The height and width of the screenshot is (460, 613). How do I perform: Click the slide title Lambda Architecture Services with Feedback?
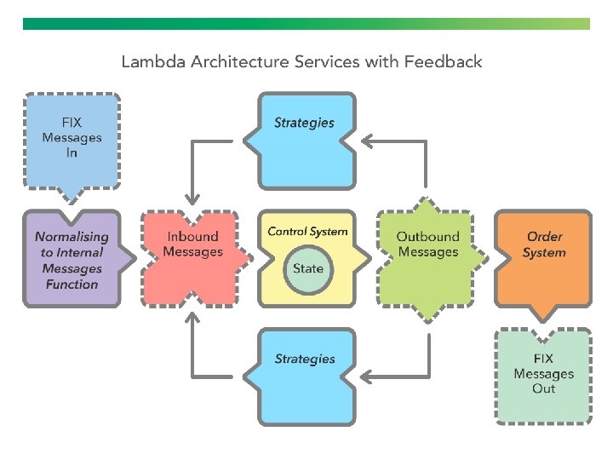coord(301,61)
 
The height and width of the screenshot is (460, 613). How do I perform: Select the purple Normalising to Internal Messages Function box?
coord(72,260)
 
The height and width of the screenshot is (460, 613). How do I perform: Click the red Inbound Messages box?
coord(192,256)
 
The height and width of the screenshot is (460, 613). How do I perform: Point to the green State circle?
coord(308,268)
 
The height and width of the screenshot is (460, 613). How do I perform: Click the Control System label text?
coord(307,232)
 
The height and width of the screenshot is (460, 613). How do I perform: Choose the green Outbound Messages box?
coord(428,256)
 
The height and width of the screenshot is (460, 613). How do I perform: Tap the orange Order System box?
coord(544,256)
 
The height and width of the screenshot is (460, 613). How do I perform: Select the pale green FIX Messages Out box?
coord(544,375)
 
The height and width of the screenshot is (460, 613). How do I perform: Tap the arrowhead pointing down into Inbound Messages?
coord(192,201)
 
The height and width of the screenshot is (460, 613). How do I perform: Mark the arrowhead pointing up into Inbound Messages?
coord(192,316)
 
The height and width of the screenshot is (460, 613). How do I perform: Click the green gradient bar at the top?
coord(306,24)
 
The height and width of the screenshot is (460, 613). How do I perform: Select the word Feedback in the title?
coord(444,61)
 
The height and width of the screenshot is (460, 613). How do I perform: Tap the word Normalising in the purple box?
coord(72,237)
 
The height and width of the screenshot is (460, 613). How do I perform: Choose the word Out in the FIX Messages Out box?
coord(544,389)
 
